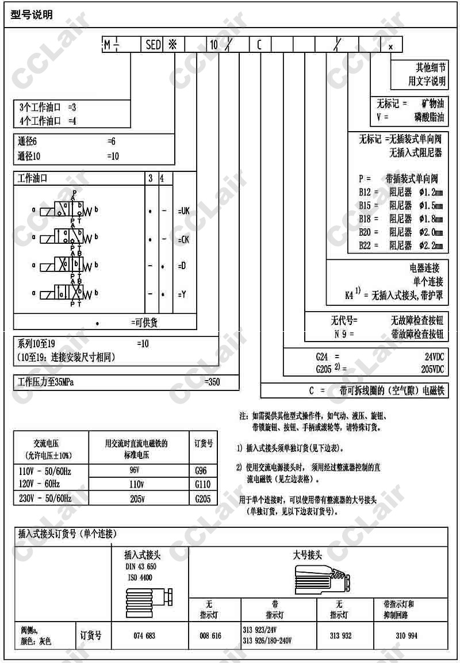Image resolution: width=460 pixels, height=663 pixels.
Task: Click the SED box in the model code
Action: click(x=154, y=45)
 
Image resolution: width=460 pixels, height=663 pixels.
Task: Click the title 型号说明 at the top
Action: click(x=32, y=14)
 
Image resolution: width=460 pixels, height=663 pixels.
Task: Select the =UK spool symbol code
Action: click(x=183, y=211)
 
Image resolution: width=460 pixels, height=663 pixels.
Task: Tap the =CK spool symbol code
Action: click(x=183, y=239)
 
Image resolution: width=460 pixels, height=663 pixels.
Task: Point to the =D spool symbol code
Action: click(x=181, y=266)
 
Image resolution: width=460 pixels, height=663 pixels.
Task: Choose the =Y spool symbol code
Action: click(x=181, y=294)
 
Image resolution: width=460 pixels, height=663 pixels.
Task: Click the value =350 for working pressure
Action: click(x=213, y=382)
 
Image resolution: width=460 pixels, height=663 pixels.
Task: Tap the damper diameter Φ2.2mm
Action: click(x=431, y=246)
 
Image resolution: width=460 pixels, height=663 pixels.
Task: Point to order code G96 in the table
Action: click(x=203, y=471)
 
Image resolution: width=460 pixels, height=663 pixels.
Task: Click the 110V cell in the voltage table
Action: click(x=137, y=484)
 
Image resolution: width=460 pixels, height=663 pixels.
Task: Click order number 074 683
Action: click(x=144, y=636)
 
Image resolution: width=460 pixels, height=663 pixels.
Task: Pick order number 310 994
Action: click(x=407, y=636)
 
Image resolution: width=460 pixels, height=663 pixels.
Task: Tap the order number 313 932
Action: click(x=340, y=636)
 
